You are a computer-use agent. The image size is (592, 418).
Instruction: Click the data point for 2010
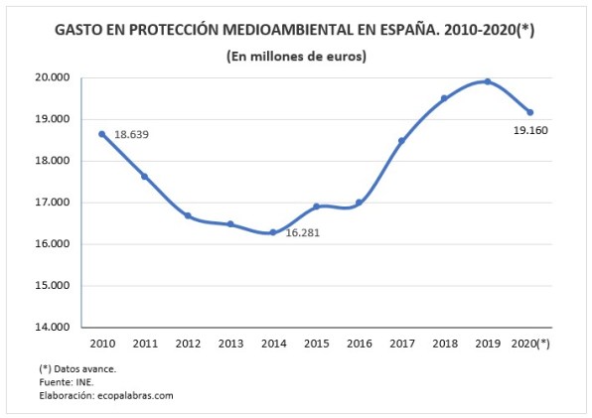(x=101, y=134)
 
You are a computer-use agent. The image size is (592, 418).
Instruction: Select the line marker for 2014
(x=272, y=232)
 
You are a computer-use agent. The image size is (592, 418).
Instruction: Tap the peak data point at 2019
(x=487, y=81)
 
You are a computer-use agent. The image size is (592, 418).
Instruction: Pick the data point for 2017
(x=401, y=141)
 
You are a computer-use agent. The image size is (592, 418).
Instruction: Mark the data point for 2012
(x=187, y=215)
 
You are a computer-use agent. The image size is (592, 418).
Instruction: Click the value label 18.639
(x=131, y=134)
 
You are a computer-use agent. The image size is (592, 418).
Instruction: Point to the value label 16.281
(x=305, y=233)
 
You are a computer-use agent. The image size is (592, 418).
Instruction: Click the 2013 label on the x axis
(x=229, y=344)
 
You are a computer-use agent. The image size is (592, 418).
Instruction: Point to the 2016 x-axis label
(x=359, y=344)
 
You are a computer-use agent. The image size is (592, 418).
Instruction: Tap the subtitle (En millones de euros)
(x=295, y=57)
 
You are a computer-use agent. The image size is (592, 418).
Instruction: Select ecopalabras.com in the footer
(x=135, y=394)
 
